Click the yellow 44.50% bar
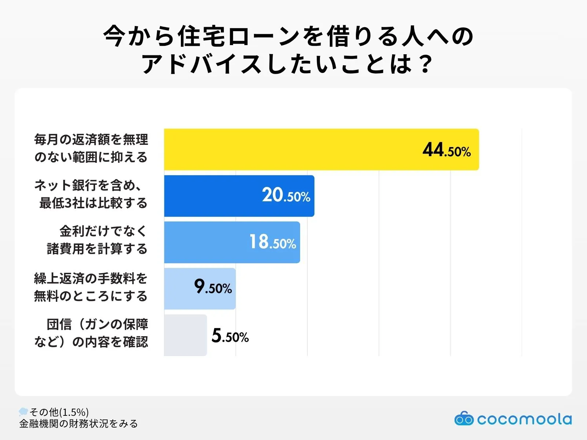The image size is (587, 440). [293, 149]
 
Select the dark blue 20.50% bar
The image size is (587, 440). [213, 196]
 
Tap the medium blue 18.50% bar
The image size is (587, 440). [205, 242]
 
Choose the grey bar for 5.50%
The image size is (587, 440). [185, 335]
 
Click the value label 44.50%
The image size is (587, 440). [446, 150]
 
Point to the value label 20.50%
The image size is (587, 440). [286, 195]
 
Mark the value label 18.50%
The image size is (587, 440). [272, 242]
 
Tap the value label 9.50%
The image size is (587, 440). [213, 287]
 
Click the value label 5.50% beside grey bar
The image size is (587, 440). [230, 336]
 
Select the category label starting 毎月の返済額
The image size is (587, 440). [91, 148]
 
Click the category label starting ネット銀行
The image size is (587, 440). [91, 194]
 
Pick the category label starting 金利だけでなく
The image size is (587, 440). [97, 240]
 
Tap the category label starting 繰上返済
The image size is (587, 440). [91, 287]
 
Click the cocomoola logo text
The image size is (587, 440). [525, 419]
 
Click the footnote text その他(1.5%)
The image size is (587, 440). [59, 412]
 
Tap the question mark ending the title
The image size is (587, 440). [426, 65]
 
